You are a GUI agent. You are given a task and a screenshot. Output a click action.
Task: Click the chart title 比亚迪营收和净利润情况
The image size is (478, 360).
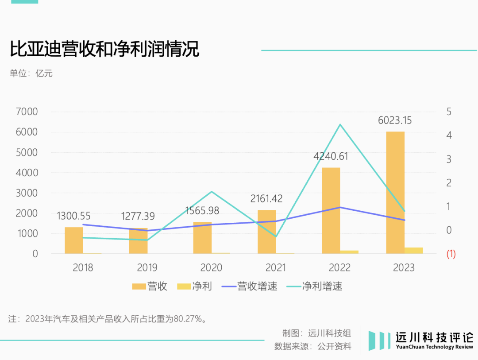(x=104, y=49)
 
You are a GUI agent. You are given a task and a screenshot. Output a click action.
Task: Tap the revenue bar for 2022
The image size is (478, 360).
(x=331, y=210)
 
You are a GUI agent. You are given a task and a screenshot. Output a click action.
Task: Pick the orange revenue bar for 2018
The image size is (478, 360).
(x=74, y=240)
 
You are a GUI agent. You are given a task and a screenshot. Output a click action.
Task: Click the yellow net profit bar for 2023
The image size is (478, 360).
(x=414, y=251)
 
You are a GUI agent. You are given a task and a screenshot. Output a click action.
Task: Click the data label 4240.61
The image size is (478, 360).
(x=331, y=156)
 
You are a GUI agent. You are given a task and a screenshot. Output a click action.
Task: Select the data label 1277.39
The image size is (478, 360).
(x=138, y=216)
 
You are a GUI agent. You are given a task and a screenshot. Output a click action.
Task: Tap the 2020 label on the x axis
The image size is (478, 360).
(x=211, y=267)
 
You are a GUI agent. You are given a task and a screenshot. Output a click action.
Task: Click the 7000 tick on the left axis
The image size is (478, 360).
(x=27, y=112)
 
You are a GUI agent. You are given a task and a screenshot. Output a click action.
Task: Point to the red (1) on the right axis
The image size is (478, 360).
(x=451, y=254)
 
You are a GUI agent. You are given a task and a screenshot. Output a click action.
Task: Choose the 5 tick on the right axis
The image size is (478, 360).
(x=449, y=112)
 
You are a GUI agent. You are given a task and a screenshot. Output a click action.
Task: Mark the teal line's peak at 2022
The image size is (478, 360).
(x=340, y=124)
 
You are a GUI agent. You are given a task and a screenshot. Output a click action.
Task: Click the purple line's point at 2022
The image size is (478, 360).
(x=340, y=207)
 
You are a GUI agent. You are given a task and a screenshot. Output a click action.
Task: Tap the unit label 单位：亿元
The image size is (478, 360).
(x=31, y=74)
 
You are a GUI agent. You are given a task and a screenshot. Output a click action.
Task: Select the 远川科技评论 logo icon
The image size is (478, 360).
(x=378, y=340)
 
